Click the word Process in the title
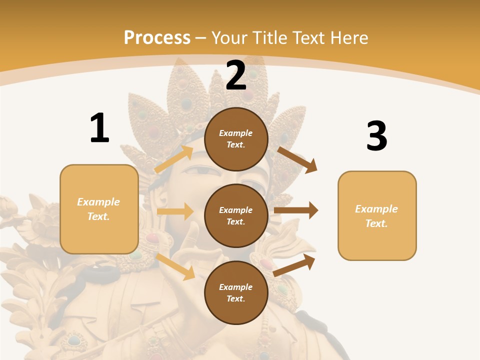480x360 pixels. pos(157,37)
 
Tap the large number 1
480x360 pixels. pos(99,128)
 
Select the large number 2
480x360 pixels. pos(236,75)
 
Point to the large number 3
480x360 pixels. pos(376,136)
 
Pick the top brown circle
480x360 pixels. pos(236,139)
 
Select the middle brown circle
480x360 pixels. pos(236,215)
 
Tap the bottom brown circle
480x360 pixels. pos(236,292)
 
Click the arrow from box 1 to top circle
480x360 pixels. pos(174,159)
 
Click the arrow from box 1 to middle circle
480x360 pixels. pos(175,211)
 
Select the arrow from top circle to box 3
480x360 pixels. pos(298,159)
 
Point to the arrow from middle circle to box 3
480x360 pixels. pos(296,210)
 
